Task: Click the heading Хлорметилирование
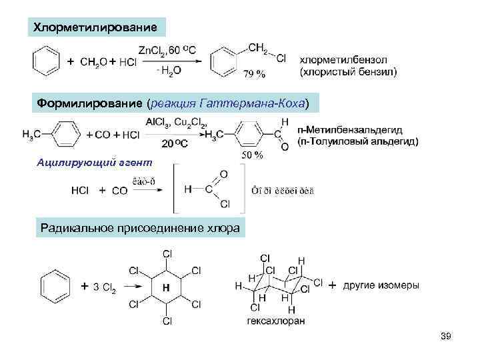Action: point(96,27)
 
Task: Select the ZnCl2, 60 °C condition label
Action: point(167,49)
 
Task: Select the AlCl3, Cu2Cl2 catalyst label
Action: point(176,122)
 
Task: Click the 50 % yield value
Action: point(253,155)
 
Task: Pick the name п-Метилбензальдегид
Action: point(357,129)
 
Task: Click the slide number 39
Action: point(446,336)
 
